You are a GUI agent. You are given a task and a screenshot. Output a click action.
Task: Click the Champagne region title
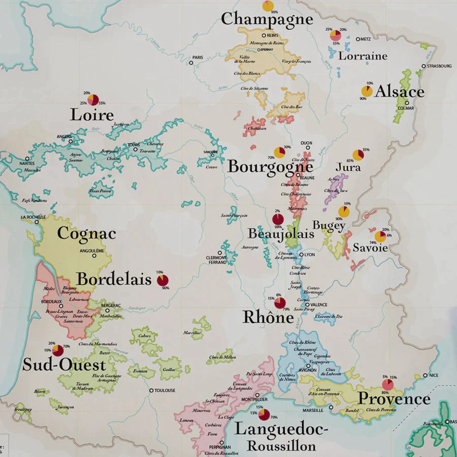coord(267,19)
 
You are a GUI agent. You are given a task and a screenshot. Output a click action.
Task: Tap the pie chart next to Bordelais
coord(163,280)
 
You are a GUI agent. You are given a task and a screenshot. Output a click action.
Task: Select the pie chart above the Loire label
coord(93,100)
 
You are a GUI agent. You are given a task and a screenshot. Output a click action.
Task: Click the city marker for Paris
coord(191,63)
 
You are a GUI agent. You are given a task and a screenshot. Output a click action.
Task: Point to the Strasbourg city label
coord(439,66)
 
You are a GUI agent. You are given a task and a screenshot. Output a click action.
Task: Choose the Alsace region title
coord(400,91)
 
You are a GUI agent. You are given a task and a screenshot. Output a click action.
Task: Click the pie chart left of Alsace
coord(367,91)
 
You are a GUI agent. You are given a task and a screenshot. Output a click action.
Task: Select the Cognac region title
coord(86,234)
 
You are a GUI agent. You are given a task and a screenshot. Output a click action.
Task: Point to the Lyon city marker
coord(302,255)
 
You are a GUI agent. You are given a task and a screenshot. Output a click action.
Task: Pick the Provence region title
coord(394,399)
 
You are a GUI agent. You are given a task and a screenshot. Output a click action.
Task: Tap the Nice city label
coord(433,375)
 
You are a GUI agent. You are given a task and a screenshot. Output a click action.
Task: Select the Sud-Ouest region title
coord(64,365)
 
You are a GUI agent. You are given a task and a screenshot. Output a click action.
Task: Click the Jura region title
coord(348,167)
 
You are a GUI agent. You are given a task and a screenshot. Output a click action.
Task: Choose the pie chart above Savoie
coord(380,236)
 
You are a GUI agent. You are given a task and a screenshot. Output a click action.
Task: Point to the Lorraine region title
coord(363,56)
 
